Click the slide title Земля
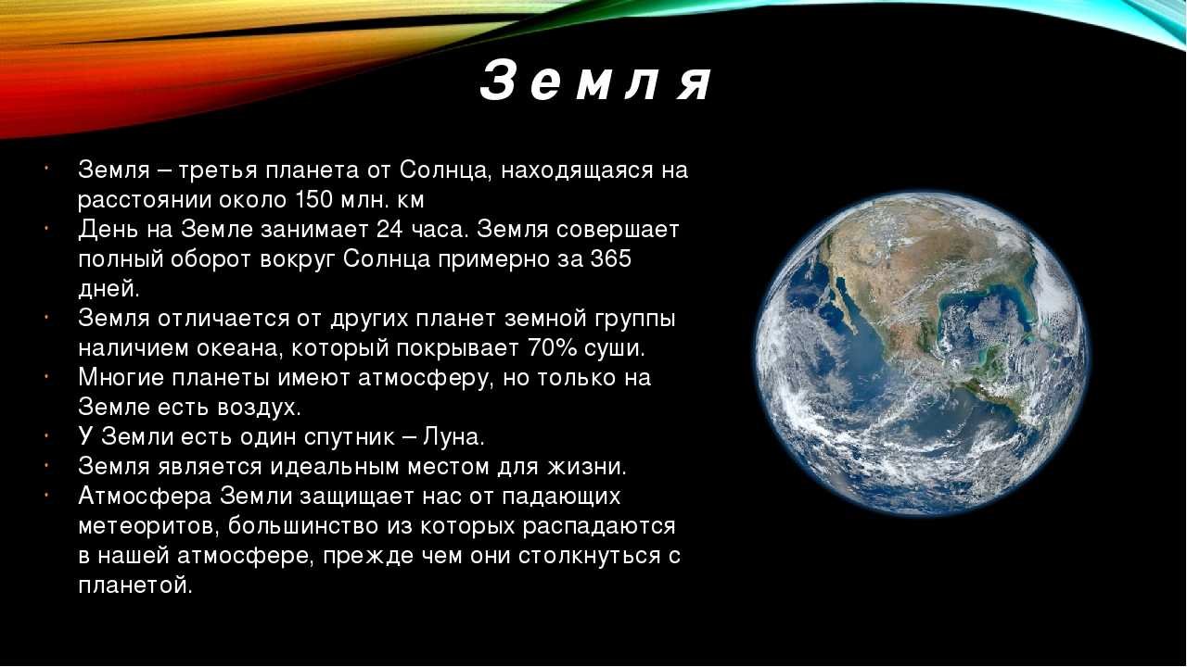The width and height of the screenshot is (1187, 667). tap(595, 82)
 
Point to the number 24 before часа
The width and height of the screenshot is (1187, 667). tap(389, 230)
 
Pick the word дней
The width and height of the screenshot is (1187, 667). tap(109, 290)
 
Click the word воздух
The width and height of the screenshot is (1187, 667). tap(259, 409)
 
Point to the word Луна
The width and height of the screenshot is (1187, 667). tap(454, 437)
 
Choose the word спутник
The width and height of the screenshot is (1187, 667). tap(351, 438)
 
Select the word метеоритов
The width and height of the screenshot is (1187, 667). tap(149, 527)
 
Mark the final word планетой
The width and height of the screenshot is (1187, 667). tap(135, 586)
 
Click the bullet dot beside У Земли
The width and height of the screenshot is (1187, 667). tap(47, 435)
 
